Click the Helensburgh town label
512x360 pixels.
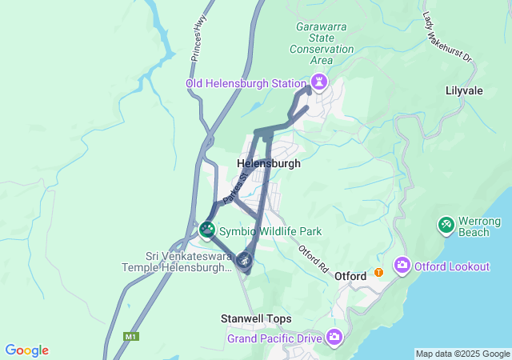coord(269,163)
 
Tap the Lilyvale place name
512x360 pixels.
coord(464,90)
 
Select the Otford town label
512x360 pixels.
coord(350,276)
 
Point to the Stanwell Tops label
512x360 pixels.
coord(256,318)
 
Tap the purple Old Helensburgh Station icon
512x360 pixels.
coord(319,82)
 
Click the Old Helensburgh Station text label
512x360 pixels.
coord(246,83)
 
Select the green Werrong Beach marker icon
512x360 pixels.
coord(446,225)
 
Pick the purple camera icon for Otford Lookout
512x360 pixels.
coord(401,265)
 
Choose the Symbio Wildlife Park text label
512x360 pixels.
coord(270,231)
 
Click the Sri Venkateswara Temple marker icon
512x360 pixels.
coord(245,260)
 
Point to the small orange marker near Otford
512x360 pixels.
coord(379,273)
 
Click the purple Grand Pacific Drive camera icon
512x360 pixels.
coord(334,338)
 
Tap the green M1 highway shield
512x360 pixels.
coord(130,337)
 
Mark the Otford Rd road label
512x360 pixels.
coord(313,255)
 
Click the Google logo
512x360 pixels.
coord(26,350)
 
